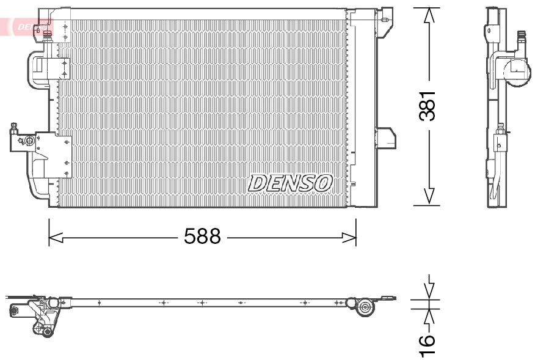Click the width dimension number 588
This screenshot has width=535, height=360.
pos(202,237)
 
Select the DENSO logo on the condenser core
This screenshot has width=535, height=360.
pos(290,182)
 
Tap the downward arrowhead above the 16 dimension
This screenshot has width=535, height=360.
pos(430,290)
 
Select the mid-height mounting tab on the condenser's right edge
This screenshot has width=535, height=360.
pos(386,138)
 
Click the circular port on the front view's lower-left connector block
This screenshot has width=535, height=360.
pos(29,141)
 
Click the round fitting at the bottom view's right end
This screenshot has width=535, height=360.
pos(366,307)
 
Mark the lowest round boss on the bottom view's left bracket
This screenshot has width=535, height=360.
pos(46,331)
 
